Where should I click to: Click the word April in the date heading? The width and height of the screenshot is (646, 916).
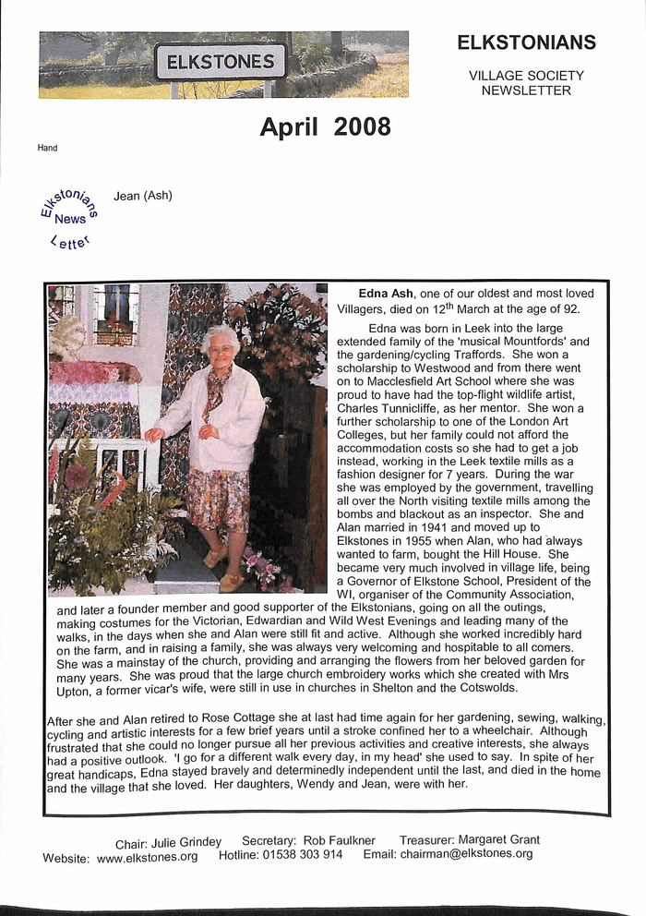click(x=286, y=127)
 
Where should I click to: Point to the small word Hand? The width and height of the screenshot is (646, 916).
click(x=47, y=148)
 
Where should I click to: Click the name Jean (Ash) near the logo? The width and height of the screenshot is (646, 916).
click(x=143, y=196)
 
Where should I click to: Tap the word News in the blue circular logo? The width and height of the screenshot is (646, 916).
click(x=70, y=219)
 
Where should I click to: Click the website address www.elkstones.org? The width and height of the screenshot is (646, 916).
click(x=148, y=856)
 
